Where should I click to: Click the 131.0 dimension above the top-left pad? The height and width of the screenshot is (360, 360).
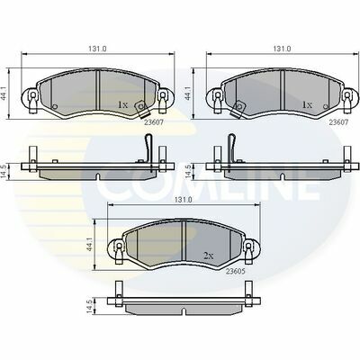tap(97, 49)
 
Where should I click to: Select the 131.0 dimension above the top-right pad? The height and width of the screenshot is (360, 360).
tap(282, 49)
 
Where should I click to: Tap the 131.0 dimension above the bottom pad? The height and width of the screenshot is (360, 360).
tap(184, 200)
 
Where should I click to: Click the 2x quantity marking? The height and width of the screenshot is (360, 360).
tap(208, 256)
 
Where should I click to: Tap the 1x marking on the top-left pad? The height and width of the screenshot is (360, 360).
tap(123, 104)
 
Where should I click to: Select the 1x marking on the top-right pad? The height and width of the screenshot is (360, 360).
tap(307, 104)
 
